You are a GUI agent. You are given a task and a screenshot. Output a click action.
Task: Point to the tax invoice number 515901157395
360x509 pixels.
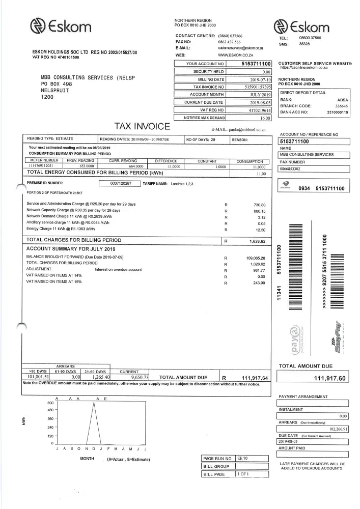258,87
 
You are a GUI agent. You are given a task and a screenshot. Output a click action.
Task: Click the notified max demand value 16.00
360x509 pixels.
265,118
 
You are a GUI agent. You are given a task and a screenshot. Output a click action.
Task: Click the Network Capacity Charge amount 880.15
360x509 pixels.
260,210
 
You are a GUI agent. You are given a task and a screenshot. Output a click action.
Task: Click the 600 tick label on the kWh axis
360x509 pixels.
50,403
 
